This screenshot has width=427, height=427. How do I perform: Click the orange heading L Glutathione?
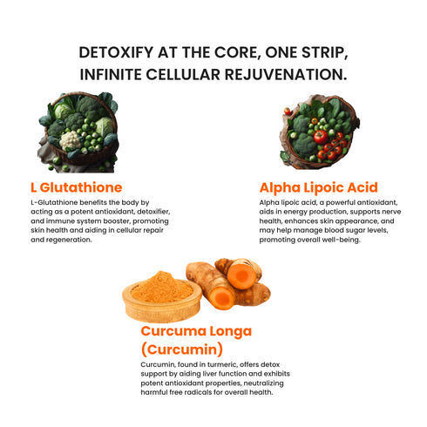pyautogui.click(x=76, y=186)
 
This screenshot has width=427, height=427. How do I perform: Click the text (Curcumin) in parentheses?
pyautogui.click(x=181, y=349)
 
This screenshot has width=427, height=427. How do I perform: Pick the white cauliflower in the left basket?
pyautogui.click(x=71, y=139)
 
